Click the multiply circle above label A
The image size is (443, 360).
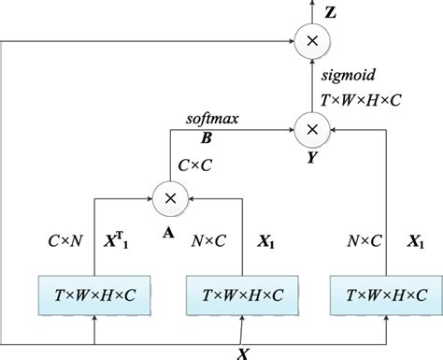[171, 197]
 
